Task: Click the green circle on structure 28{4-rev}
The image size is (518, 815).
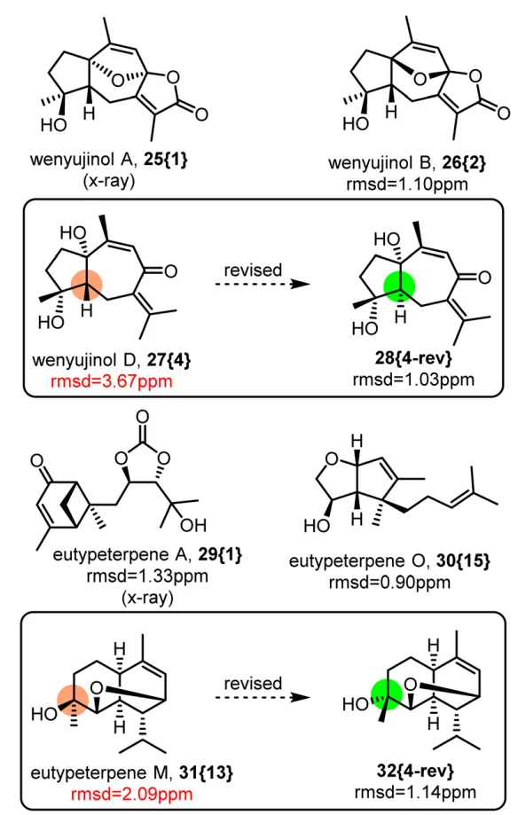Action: click(x=399, y=286)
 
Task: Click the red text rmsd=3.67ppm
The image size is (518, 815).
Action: click(x=111, y=381)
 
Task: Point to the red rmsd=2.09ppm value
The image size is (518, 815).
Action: click(x=131, y=795)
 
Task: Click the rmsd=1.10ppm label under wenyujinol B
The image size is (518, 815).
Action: click(x=407, y=184)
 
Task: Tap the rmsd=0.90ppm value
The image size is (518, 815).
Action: click(x=389, y=582)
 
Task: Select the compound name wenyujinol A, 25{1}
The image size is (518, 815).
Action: click(x=109, y=159)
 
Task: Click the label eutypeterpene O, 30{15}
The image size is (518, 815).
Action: click(x=389, y=561)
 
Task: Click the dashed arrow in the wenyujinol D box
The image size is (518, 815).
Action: click(x=263, y=284)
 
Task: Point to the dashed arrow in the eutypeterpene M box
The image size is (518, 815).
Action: click(x=263, y=697)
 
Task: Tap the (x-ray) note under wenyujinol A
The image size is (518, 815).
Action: click(x=109, y=181)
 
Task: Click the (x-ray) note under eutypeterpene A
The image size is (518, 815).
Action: click(x=147, y=598)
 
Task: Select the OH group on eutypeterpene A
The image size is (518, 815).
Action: click(x=193, y=525)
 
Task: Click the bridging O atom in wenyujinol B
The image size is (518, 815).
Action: click(x=420, y=79)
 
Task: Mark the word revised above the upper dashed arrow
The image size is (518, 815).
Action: click(x=254, y=270)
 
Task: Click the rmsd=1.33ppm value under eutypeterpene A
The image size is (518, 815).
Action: click(x=147, y=576)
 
